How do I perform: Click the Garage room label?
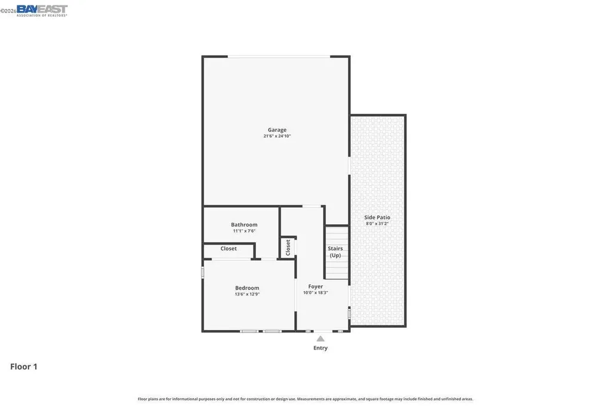(277, 129)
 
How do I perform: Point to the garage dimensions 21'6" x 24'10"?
(277, 136)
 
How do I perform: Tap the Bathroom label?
(244, 225)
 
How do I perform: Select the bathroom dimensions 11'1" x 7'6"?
(244, 231)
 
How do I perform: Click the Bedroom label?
(247, 288)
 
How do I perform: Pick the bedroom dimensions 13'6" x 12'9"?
(247, 294)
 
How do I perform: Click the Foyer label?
(316, 286)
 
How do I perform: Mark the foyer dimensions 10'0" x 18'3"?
(316, 292)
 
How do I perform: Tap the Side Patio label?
(377, 217)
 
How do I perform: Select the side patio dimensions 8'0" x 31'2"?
(377, 223)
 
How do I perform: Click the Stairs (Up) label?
(335, 252)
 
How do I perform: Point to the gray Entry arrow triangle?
(320, 338)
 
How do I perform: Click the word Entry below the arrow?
(320, 348)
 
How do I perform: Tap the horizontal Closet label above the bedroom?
(229, 248)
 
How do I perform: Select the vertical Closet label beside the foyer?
(288, 247)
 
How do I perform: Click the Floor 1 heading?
(24, 367)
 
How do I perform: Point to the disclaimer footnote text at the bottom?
(305, 399)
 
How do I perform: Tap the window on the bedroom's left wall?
(203, 273)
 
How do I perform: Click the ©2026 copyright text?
(8, 10)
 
